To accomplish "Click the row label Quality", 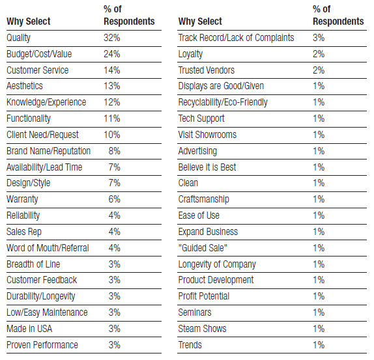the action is click(x=19, y=38).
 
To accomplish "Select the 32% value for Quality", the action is click(x=112, y=38).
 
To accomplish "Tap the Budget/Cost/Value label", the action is click(x=39, y=54).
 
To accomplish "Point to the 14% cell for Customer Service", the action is click(x=112, y=70).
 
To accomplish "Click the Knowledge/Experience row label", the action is click(x=46, y=102).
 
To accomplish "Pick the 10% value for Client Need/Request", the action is click(x=112, y=135).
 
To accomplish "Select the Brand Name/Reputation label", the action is click(x=49, y=151).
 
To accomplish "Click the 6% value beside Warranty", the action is click(x=115, y=199).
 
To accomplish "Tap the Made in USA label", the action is click(x=29, y=329).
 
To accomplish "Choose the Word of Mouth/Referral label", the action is click(x=48, y=248).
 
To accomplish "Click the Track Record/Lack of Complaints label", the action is click(x=236, y=38).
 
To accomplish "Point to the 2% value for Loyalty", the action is click(x=319, y=54).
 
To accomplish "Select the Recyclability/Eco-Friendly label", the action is click(x=223, y=102).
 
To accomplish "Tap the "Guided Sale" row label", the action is click(x=203, y=248).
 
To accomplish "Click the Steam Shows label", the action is click(x=202, y=329).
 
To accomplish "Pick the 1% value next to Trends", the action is click(x=319, y=345).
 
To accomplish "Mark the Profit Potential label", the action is click(x=204, y=296).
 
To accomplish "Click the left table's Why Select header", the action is click(x=29, y=21).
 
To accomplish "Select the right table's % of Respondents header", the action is click(x=338, y=15).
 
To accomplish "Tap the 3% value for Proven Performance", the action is click(x=115, y=345).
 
